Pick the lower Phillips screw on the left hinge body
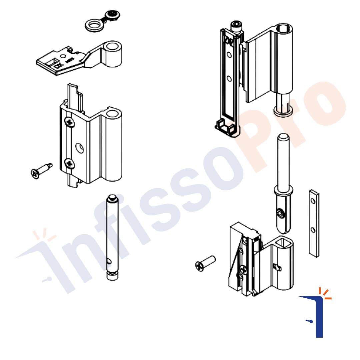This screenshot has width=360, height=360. click(70, 163)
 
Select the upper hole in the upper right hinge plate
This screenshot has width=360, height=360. click(229, 55)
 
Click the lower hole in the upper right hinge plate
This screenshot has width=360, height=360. click(229, 79)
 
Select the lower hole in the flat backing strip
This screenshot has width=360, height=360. click(313, 230)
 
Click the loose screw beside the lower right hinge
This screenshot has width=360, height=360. click(205, 263)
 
